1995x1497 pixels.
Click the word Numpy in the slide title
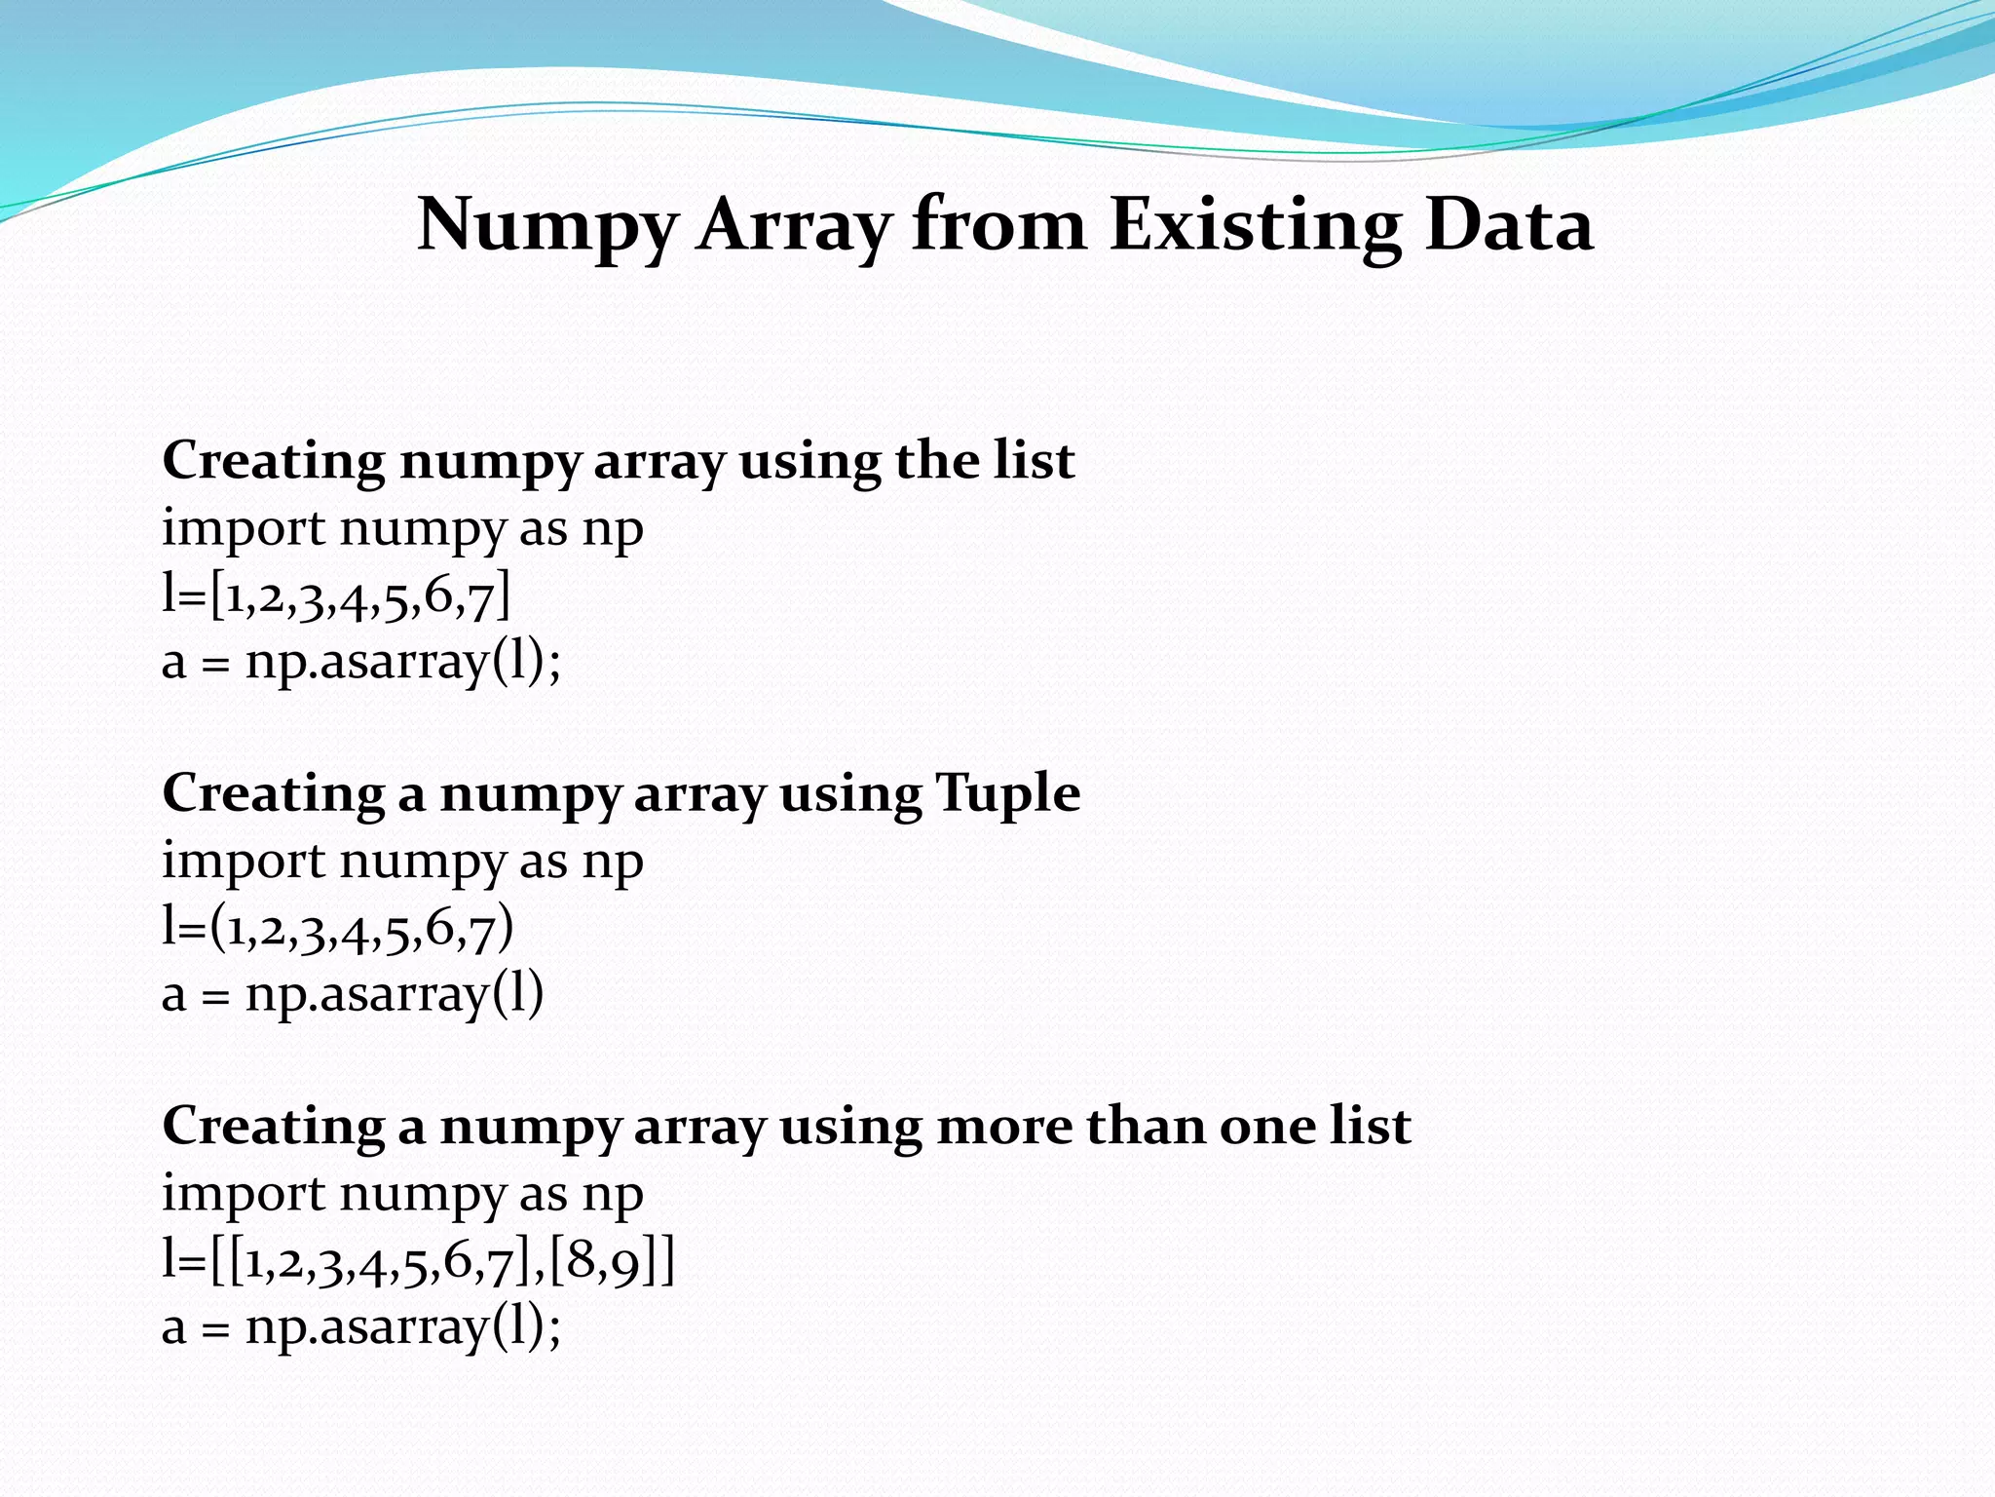tap(546, 226)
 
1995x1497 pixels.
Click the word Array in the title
tap(793, 226)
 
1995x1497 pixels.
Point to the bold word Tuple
tap(1007, 794)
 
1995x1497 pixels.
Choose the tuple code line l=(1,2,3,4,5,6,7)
tap(337, 928)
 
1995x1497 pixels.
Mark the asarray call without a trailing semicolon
tap(353, 995)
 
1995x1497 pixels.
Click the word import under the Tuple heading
tap(244, 863)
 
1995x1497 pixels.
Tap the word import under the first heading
tap(244, 530)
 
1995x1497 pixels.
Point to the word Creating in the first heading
tap(273, 461)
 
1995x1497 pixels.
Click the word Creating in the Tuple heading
tap(273, 793)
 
